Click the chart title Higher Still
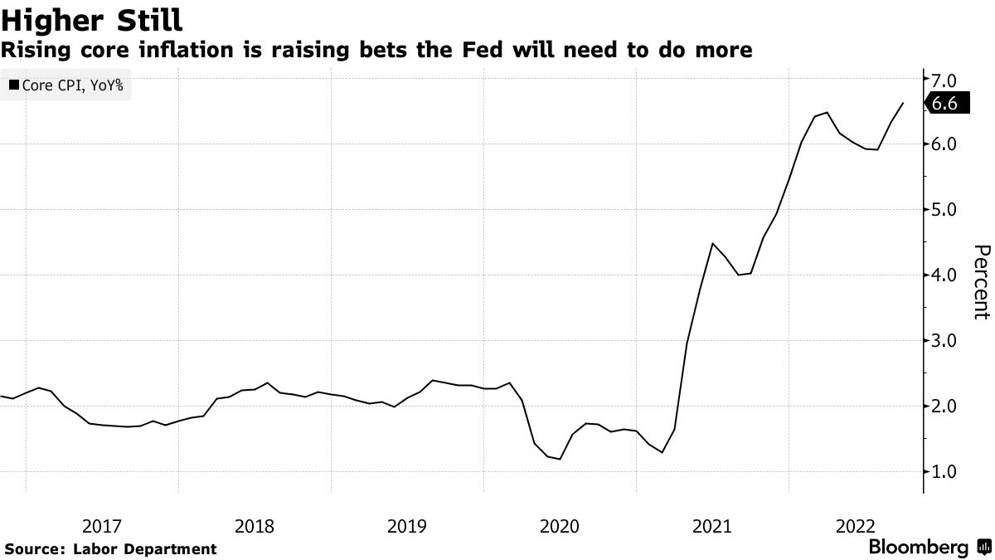click(x=92, y=18)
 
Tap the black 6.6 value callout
click(x=945, y=104)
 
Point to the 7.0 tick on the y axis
click(x=945, y=80)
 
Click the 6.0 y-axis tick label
click(x=945, y=144)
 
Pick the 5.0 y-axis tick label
click(x=945, y=210)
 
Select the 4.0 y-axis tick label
click(x=945, y=275)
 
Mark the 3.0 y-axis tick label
click(x=945, y=341)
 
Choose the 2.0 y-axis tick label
click(x=945, y=407)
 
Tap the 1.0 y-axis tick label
click(x=945, y=472)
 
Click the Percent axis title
click(x=981, y=282)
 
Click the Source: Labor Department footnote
click(x=110, y=548)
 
